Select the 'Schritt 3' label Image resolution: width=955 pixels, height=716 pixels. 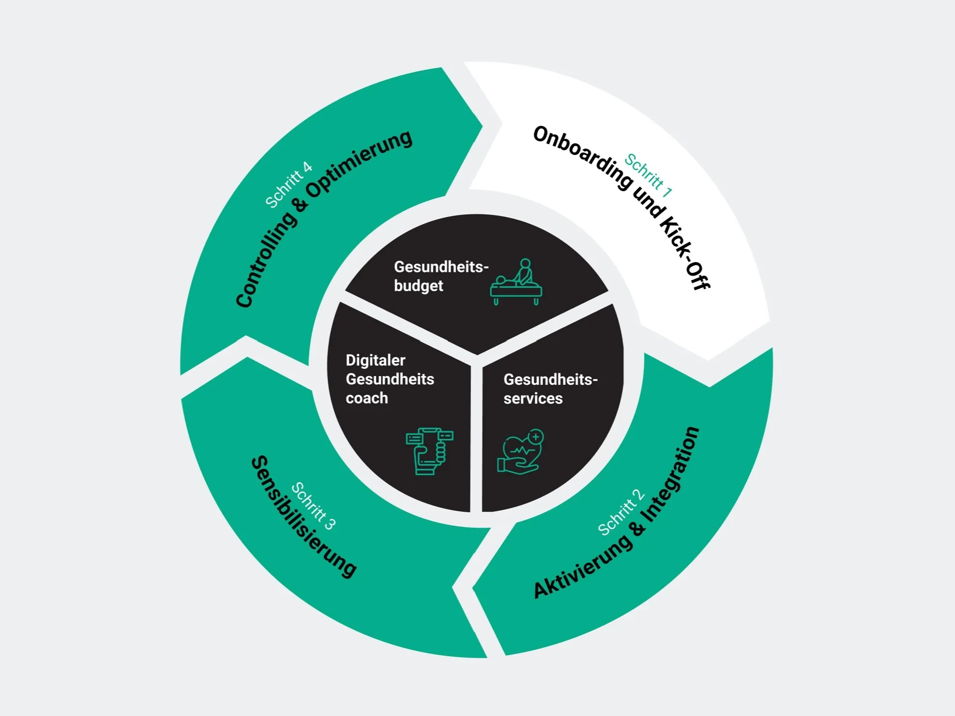pos(314,506)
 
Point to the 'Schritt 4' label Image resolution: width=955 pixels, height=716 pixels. pos(289,185)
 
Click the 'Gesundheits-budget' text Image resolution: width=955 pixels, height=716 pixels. pos(441,276)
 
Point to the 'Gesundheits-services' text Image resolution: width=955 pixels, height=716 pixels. pos(550,389)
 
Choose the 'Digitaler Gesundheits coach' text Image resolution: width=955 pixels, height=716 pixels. pos(389,379)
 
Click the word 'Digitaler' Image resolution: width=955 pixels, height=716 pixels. pos(375,360)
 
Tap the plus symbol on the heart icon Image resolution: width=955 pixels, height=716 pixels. pos(536,437)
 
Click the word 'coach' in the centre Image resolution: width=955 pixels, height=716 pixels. pos(367,398)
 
